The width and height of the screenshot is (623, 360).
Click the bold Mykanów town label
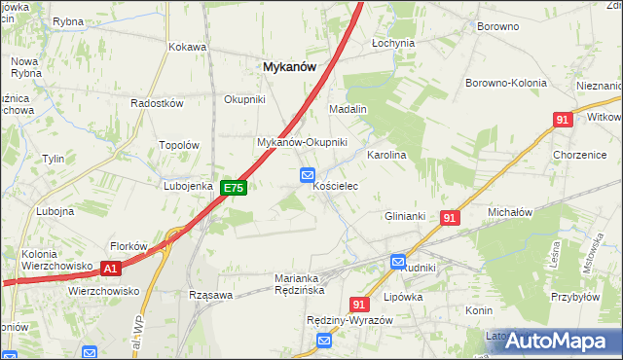point(288,66)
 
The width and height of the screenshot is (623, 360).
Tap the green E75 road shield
point(232,188)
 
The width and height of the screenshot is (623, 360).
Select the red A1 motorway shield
point(110,268)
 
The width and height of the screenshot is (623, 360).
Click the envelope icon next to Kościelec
point(307,175)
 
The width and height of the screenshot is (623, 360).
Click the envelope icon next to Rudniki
point(398,261)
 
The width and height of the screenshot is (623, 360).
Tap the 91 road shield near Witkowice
point(562,119)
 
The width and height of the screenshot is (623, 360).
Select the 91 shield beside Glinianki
point(448,219)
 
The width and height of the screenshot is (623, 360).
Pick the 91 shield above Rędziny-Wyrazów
point(358,305)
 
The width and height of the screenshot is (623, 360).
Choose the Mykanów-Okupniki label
point(302,142)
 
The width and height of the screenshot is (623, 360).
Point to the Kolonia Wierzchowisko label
point(56,260)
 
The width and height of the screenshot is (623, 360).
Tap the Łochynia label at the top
point(394,44)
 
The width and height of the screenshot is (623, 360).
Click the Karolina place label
point(385,155)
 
